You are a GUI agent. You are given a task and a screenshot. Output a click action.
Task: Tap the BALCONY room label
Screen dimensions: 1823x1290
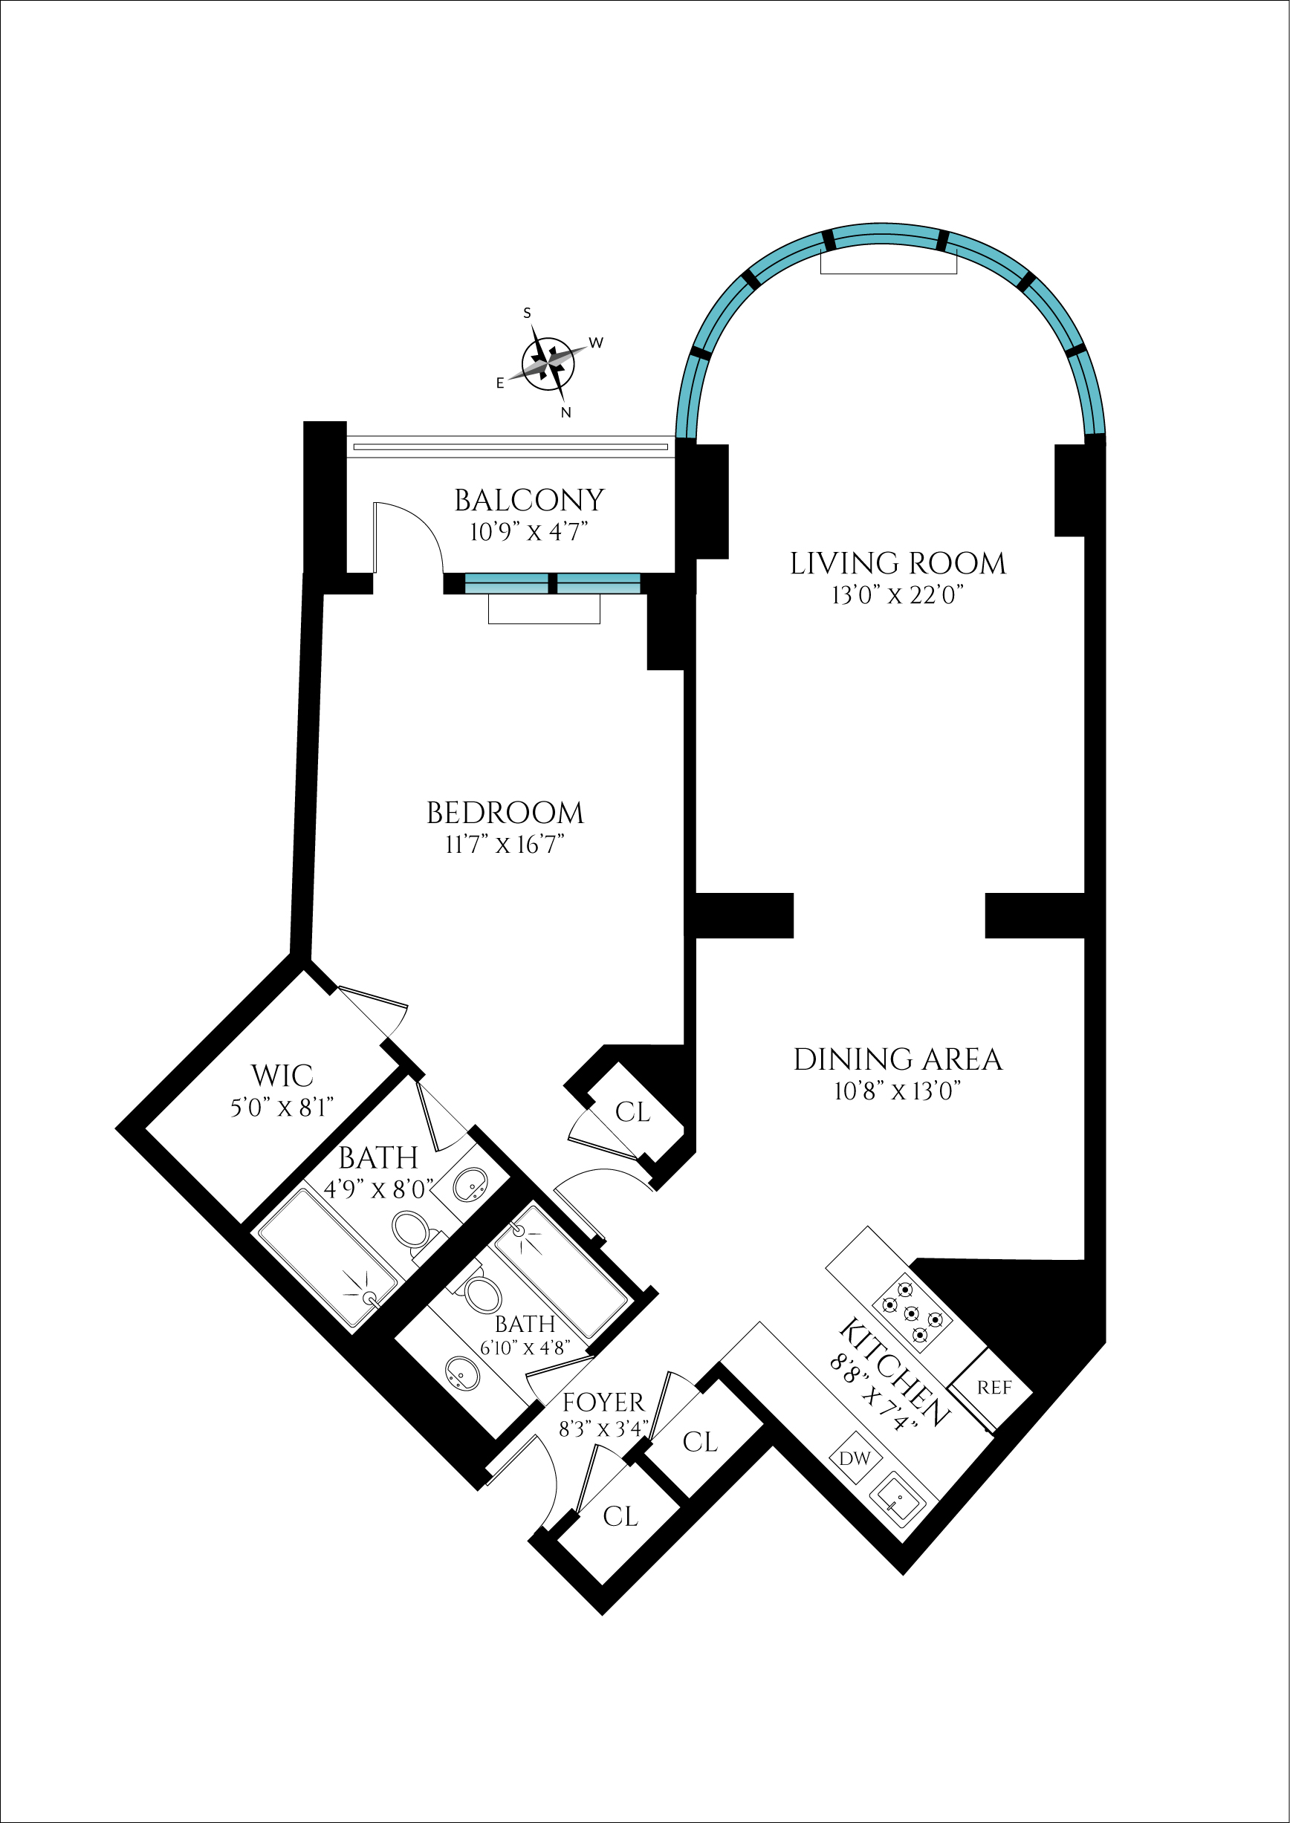529,500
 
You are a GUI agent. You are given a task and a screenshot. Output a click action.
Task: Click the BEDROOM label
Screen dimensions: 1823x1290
505,813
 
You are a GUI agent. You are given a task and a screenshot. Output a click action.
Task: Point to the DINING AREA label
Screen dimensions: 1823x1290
898,1060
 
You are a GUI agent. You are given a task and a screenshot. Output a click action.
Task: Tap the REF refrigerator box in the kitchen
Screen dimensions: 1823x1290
993,1387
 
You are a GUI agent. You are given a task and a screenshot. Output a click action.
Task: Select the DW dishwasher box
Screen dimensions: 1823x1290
855,1458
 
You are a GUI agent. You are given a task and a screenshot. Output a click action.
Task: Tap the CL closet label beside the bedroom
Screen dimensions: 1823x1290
632,1112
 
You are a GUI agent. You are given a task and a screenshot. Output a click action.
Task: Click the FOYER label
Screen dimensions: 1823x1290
603,1403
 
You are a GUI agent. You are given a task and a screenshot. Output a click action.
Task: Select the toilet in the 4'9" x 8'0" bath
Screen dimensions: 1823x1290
411,1229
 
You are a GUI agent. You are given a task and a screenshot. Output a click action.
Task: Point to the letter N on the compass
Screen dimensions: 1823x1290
565,413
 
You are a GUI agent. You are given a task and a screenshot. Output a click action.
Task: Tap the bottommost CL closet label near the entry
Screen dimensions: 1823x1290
620,1516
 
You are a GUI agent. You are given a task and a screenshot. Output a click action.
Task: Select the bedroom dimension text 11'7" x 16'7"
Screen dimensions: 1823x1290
505,845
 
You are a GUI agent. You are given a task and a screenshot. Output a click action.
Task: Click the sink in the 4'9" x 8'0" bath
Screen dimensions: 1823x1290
470,1185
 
